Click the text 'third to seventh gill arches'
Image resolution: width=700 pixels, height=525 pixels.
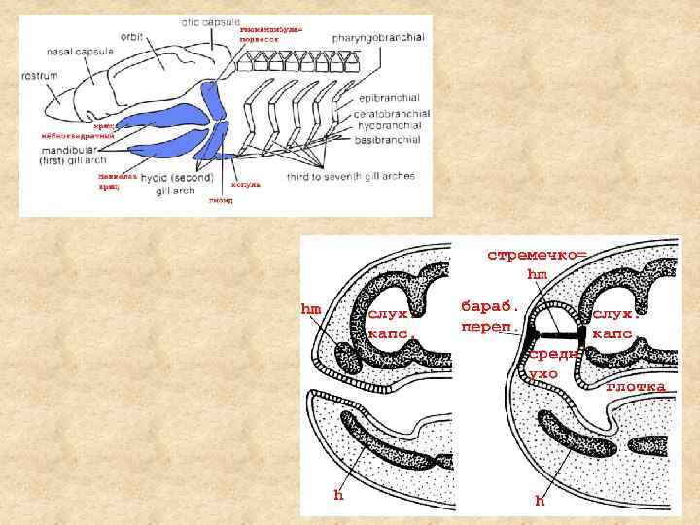[x=351, y=176]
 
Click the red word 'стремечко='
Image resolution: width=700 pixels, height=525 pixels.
[x=537, y=255]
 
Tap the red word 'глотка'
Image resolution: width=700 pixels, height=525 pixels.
[x=636, y=387]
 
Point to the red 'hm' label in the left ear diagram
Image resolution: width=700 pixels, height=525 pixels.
[x=311, y=309]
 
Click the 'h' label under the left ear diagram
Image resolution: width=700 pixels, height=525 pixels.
[x=338, y=494]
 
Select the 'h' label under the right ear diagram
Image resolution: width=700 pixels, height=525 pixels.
[x=540, y=501]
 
